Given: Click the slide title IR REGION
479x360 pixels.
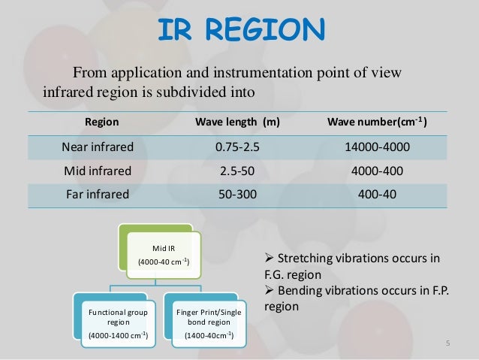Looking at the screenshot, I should pos(240,29).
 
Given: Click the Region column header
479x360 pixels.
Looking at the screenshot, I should pos(101,122).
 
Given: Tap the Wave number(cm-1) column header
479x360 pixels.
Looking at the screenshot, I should pos(378,122).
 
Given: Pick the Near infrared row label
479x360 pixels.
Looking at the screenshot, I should pos(95,147).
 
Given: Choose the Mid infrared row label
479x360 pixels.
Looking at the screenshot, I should pos(95,171).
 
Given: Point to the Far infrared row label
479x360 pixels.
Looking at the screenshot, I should pos(95,194).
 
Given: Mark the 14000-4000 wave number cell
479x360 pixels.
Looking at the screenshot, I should pos(377,147).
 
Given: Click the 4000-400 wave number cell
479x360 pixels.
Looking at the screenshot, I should pos(377,171).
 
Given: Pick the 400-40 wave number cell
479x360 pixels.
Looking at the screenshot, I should pos(377,194).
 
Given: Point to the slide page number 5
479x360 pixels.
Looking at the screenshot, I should pos(447,344).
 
